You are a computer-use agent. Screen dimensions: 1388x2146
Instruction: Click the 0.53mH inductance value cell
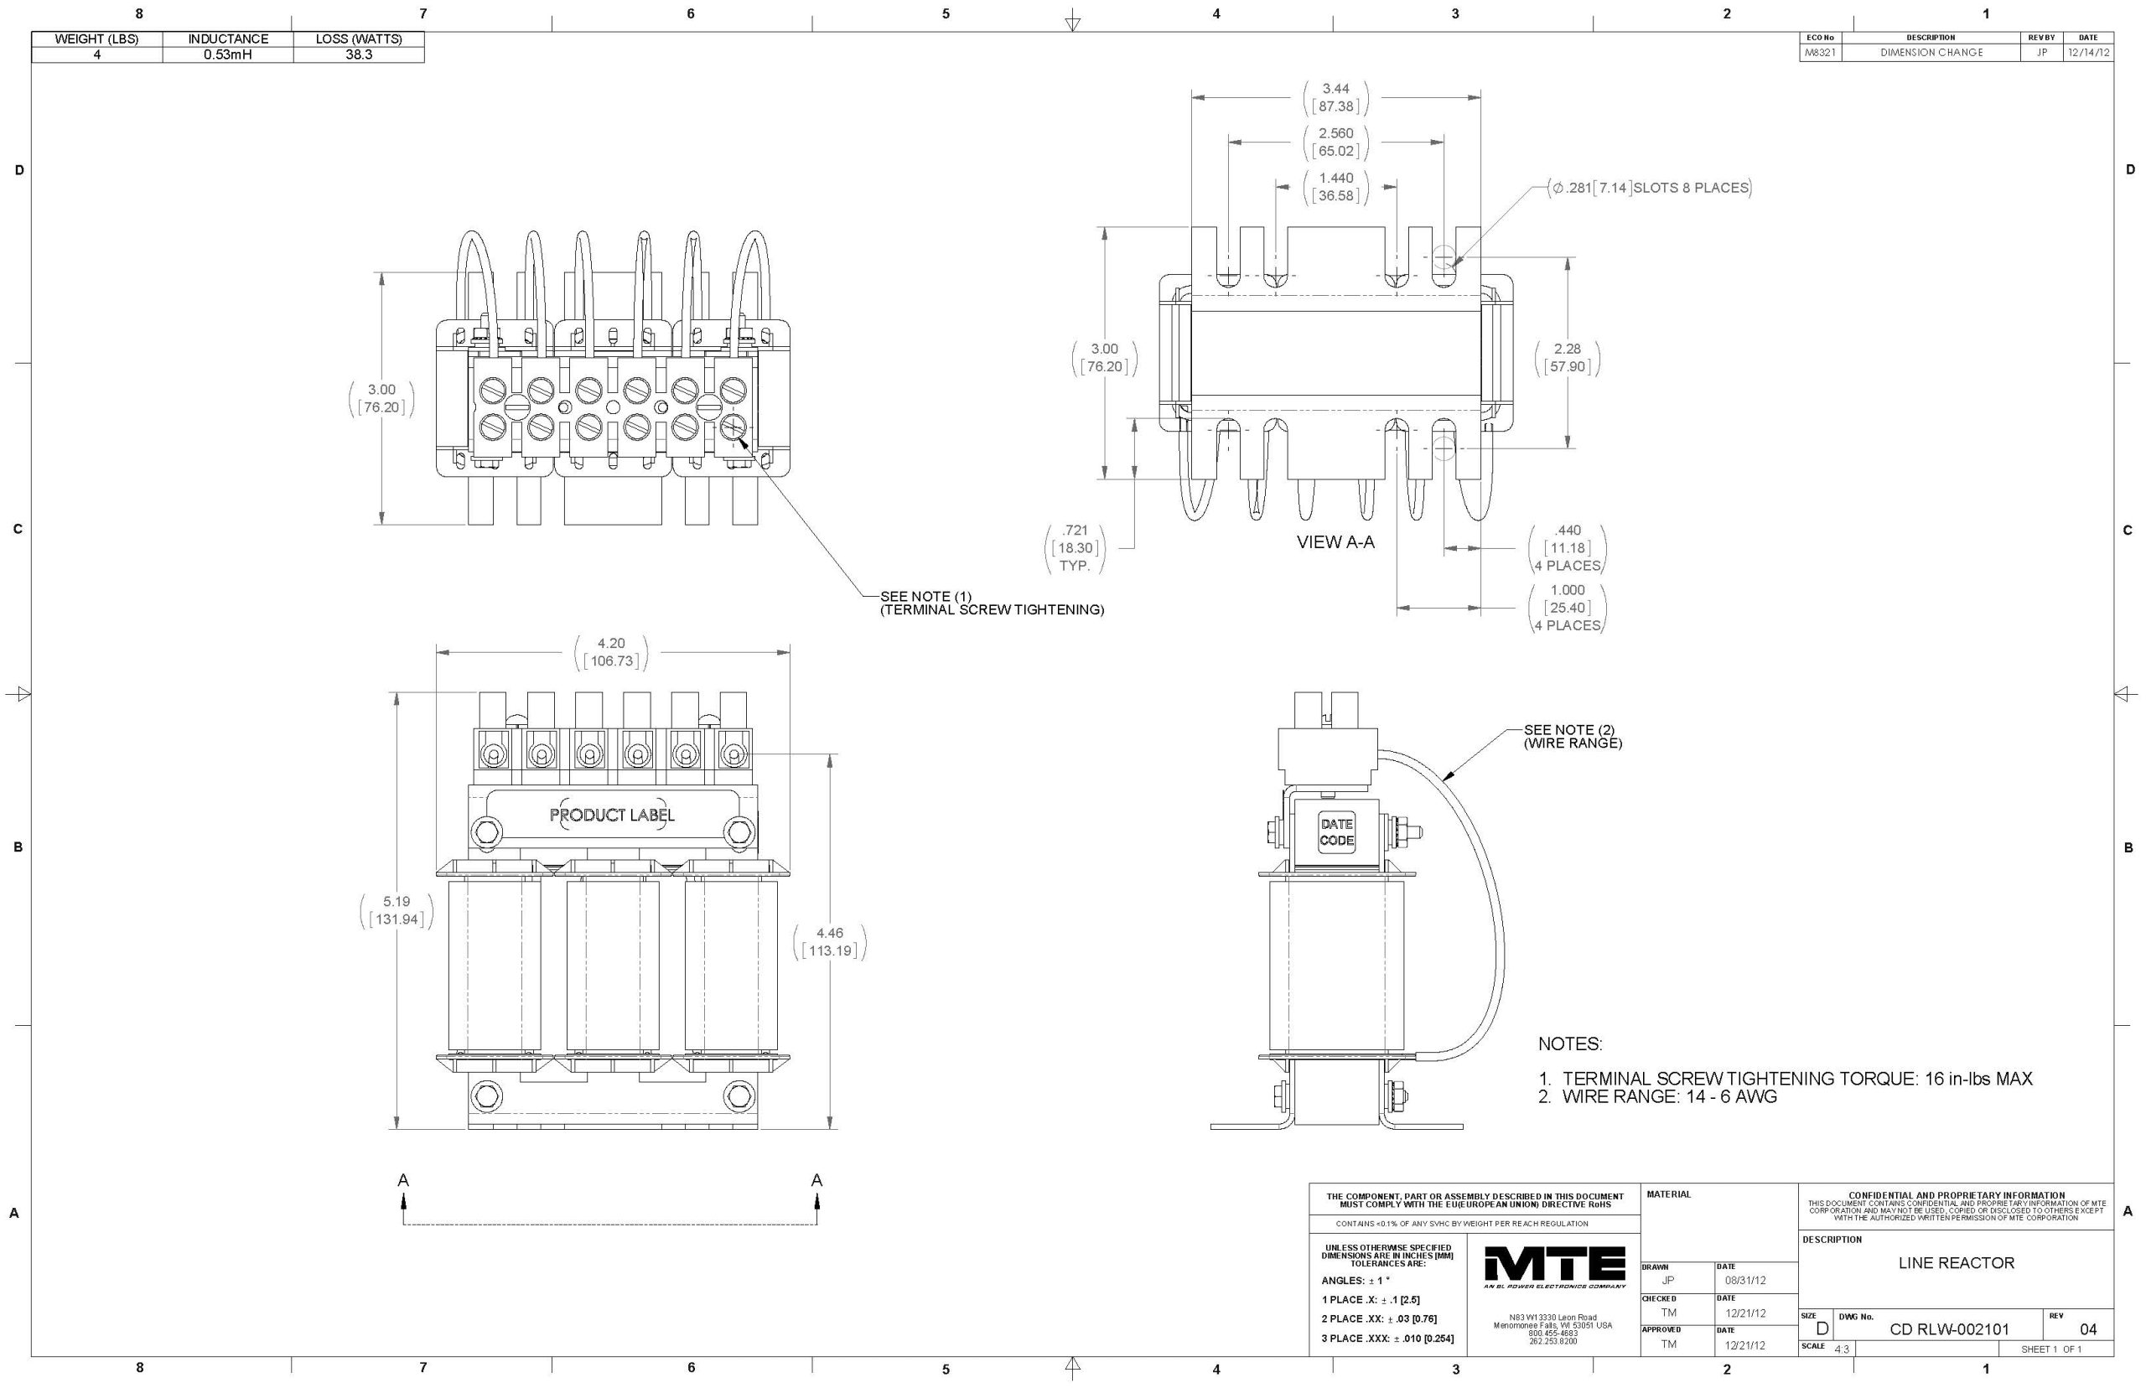click(228, 54)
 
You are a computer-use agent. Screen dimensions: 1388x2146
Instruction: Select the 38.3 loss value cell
click(359, 54)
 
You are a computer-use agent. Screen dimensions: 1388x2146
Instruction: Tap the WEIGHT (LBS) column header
click(97, 39)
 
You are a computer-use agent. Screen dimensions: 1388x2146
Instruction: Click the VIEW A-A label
click(1335, 541)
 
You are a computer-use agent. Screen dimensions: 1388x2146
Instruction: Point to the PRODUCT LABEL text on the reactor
click(612, 815)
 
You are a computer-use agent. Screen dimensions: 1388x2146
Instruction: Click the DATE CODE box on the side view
click(1335, 832)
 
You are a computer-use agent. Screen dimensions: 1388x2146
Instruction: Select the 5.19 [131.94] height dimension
click(397, 910)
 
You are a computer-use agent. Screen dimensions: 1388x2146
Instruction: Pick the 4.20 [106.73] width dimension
click(611, 651)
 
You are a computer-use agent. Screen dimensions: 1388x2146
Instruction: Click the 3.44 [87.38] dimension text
click(1335, 97)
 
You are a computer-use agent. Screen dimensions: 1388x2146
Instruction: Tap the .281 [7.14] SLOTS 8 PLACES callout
click(1650, 189)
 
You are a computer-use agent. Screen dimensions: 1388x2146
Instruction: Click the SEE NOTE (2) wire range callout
click(1572, 737)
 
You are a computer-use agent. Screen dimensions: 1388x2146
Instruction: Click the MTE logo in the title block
click(1554, 1268)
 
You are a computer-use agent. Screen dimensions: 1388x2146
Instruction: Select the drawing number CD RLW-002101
click(1949, 1329)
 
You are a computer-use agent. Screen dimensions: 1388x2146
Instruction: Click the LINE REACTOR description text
click(1956, 1263)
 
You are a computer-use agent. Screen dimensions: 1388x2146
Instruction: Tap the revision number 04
click(2087, 1329)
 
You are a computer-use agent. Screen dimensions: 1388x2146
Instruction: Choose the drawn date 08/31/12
click(1745, 1280)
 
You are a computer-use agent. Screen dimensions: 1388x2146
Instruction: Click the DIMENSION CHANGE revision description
click(1931, 52)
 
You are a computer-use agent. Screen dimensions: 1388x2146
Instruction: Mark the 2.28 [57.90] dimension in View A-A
click(1568, 358)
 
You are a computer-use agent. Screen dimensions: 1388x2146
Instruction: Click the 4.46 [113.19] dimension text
click(829, 942)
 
